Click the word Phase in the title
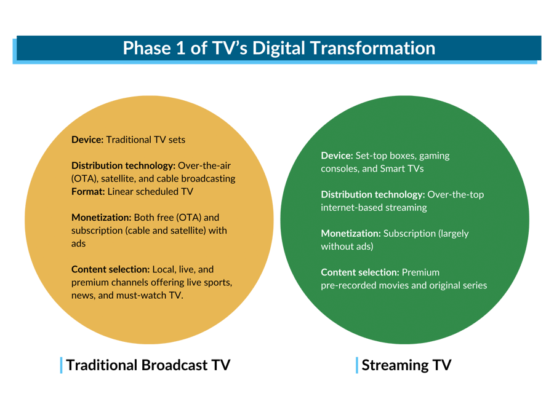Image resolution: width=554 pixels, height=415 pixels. click(143, 49)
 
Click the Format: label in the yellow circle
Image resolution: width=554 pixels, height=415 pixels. click(88, 192)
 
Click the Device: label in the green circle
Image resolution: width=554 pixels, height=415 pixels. click(337, 156)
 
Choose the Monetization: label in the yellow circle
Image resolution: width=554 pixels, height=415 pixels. click(101, 218)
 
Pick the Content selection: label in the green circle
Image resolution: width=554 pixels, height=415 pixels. click(360, 272)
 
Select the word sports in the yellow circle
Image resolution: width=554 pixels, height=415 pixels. click(219, 282)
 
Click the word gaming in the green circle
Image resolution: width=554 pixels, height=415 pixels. click(434, 156)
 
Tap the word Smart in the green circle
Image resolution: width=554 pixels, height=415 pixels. click(392, 168)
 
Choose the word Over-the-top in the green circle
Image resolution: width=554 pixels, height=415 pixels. click(456, 194)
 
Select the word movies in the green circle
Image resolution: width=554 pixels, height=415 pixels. click(402, 285)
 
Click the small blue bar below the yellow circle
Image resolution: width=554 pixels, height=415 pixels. click(61, 365)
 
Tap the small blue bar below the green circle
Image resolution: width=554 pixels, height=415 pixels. click(356, 365)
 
